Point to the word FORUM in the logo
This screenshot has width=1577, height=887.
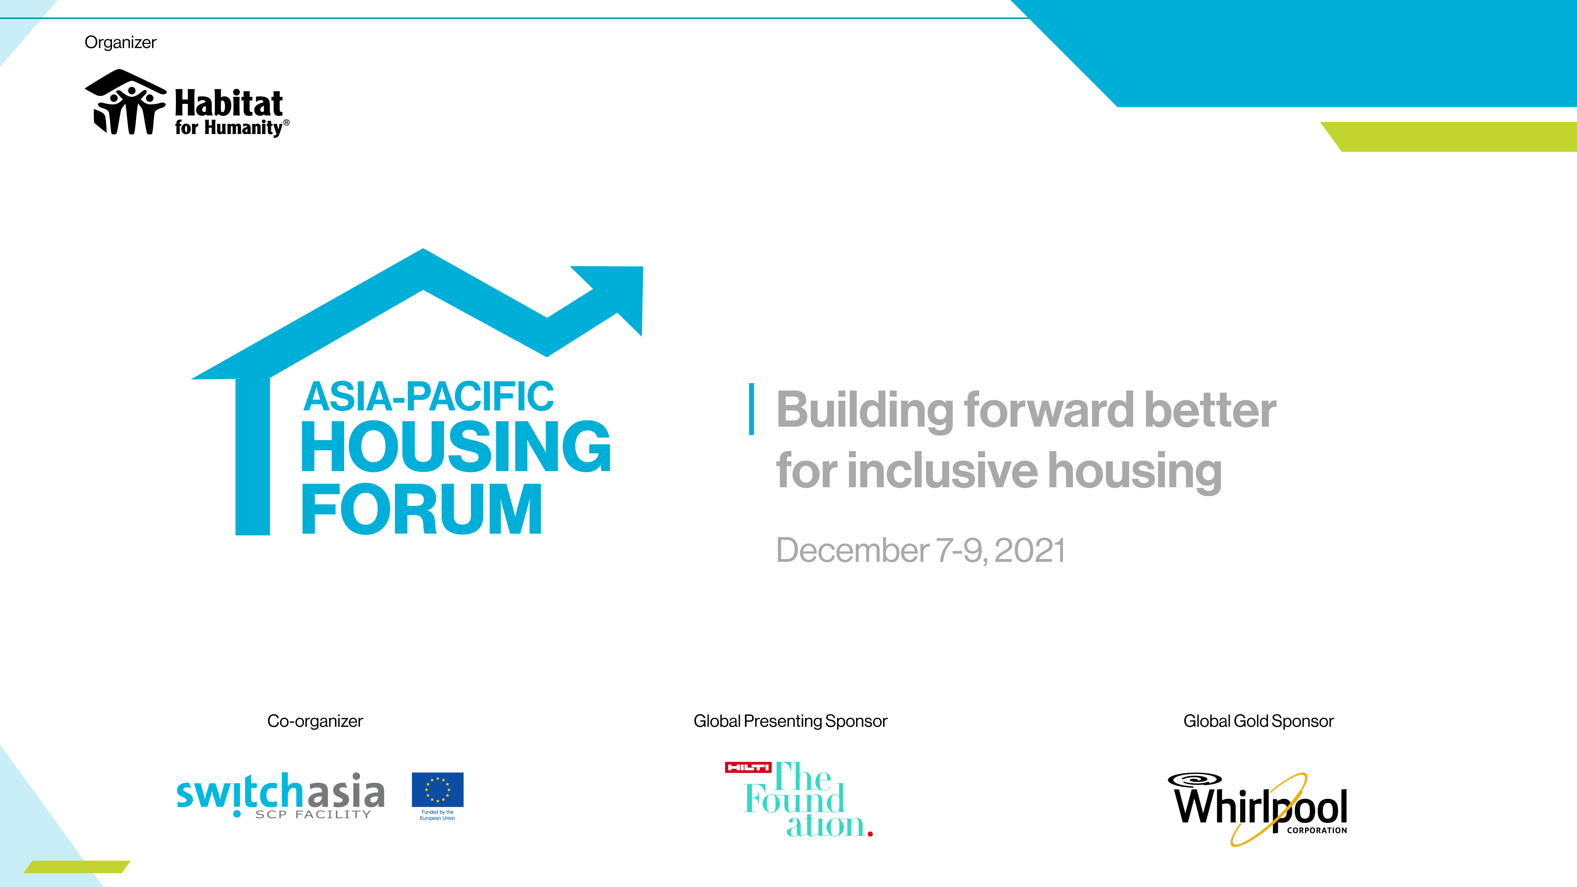click(x=422, y=509)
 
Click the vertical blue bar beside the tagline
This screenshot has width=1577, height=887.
click(x=751, y=409)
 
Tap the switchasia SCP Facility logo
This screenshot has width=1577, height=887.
click(x=280, y=794)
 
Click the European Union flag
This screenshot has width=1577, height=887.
click(x=438, y=790)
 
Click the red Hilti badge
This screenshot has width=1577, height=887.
click(x=748, y=767)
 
